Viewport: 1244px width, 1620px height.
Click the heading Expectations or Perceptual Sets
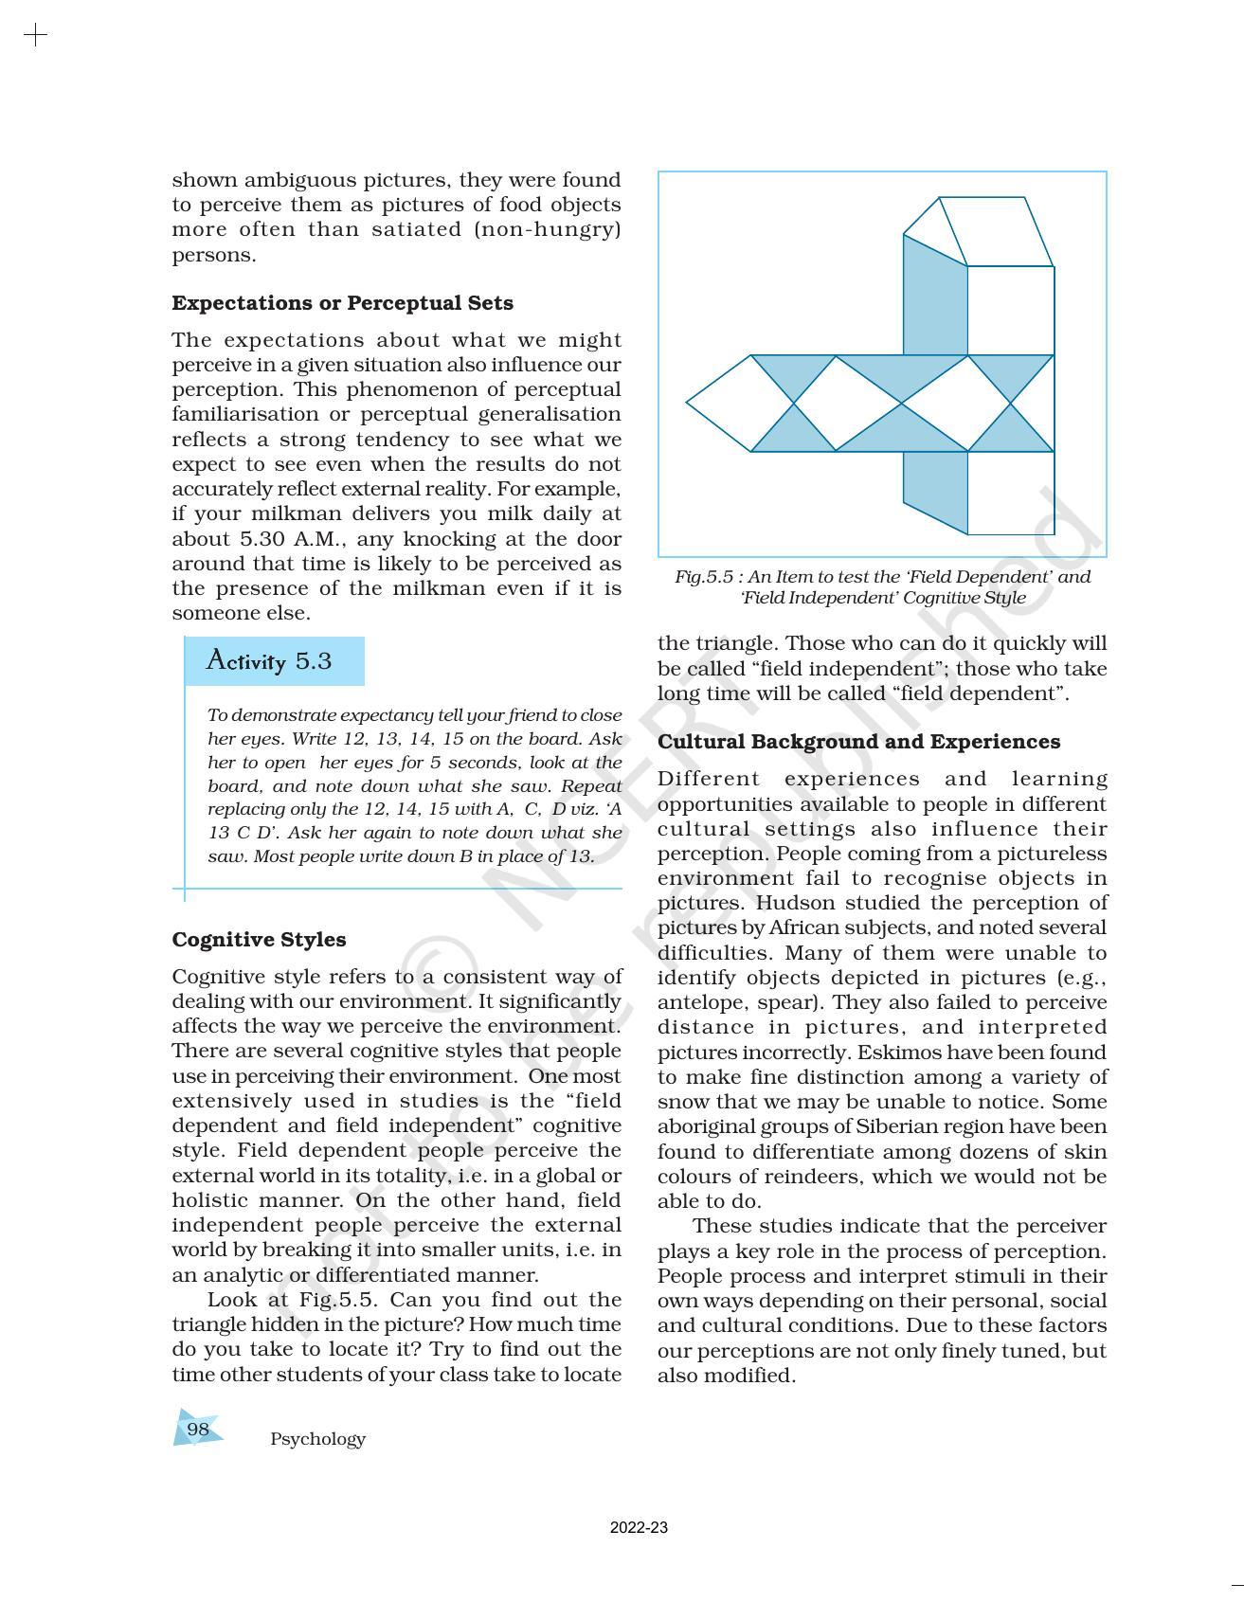342,303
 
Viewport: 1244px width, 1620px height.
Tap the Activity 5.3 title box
273,660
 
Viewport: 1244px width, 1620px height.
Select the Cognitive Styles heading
259,940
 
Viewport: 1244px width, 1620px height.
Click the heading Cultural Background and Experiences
858,742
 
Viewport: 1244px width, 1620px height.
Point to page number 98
197,1429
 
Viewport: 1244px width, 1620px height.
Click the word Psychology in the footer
317,1439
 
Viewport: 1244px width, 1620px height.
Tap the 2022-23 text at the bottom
639,1527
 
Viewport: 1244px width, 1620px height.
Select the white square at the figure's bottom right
1010,493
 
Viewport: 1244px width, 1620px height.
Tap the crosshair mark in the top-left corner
35,36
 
